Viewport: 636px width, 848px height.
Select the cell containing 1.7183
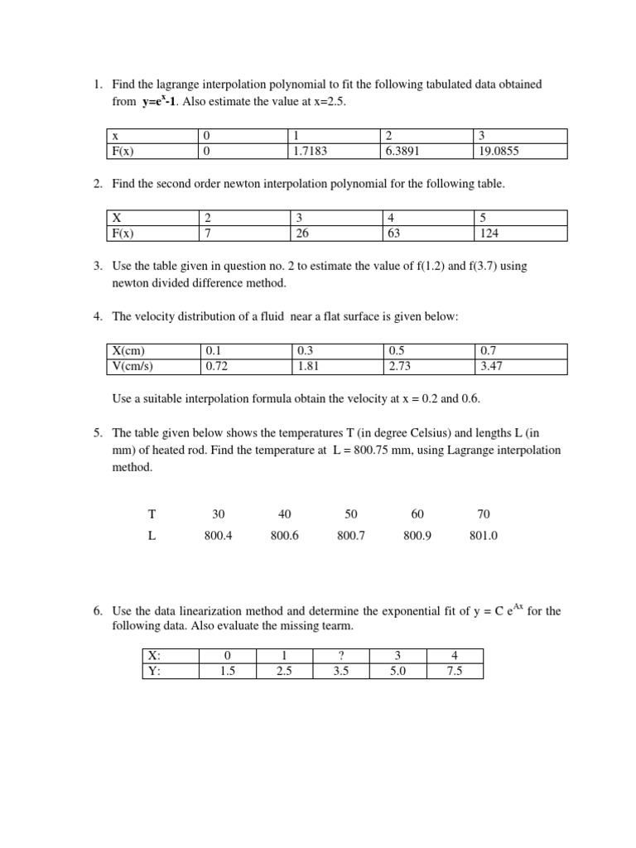pos(309,152)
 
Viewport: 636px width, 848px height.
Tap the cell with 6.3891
pos(402,152)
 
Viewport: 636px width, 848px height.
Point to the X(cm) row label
pos(134,350)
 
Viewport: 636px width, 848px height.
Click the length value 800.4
pos(218,536)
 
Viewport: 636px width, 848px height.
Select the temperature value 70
pos(484,514)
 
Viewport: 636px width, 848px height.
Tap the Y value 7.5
pos(454,672)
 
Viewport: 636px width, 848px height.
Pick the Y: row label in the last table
pos(153,672)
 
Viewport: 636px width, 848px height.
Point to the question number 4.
pos(98,316)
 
